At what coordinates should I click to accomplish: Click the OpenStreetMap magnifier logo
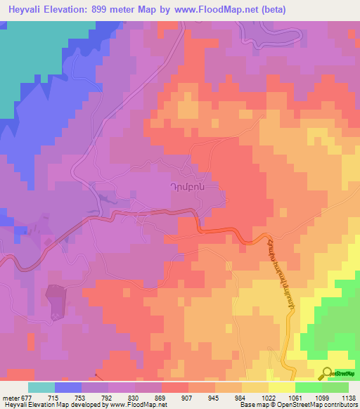(328, 373)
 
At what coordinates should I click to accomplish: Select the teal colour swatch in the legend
(41, 387)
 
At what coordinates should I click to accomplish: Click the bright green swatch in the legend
(309, 387)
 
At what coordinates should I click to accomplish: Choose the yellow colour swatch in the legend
(255, 387)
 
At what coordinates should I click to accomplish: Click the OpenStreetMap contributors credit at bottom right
(316, 405)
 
